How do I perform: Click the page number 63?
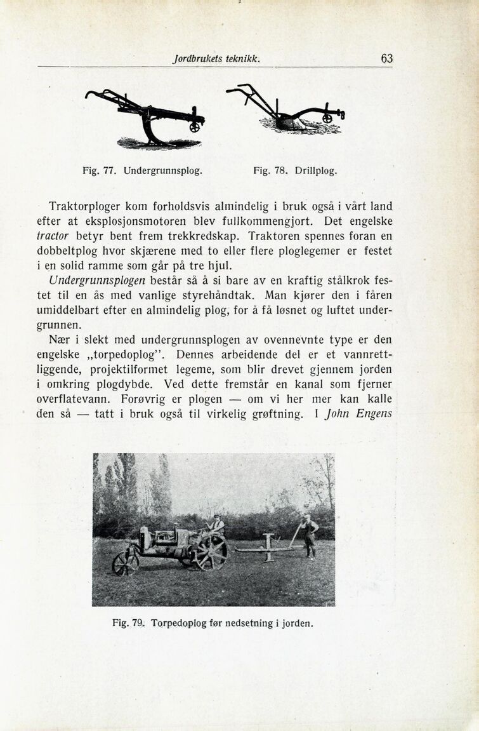[386, 58]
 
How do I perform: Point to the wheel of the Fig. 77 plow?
[195, 126]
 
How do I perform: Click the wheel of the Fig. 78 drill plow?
[327, 117]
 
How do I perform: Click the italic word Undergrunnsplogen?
[97, 279]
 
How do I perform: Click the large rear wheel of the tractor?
[211, 553]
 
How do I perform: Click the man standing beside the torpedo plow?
[310, 534]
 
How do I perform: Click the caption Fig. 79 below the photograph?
[213, 623]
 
